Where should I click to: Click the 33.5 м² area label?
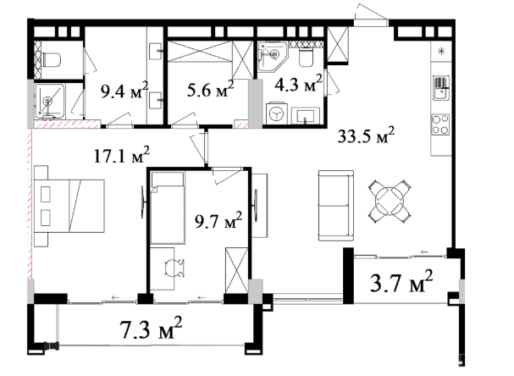point(366,135)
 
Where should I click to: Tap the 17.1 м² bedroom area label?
point(122,155)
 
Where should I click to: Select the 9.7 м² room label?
point(218,221)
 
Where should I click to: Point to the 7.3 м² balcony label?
point(151,328)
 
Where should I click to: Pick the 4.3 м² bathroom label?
point(298,84)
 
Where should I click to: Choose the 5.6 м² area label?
point(210,89)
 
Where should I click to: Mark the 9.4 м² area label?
point(124,91)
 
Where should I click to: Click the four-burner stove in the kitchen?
point(440,124)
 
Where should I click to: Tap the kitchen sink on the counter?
point(441,88)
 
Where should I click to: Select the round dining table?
point(390,201)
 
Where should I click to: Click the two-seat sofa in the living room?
point(335,206)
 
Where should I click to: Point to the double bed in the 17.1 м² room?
point(69,206)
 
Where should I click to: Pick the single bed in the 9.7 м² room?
point(168,207)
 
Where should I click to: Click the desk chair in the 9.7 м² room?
point(174,268)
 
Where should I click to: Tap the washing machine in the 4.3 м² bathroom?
point(275,113)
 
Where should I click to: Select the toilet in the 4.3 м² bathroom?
point(307,57)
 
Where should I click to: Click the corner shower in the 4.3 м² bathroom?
point(273,56)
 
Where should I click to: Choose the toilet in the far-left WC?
point(51,59)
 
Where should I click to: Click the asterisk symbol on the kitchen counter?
point(441,51)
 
